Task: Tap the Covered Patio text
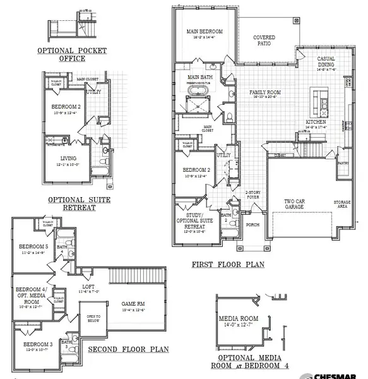click(x=264, y=40)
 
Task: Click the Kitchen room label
click(x=316, y=121)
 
